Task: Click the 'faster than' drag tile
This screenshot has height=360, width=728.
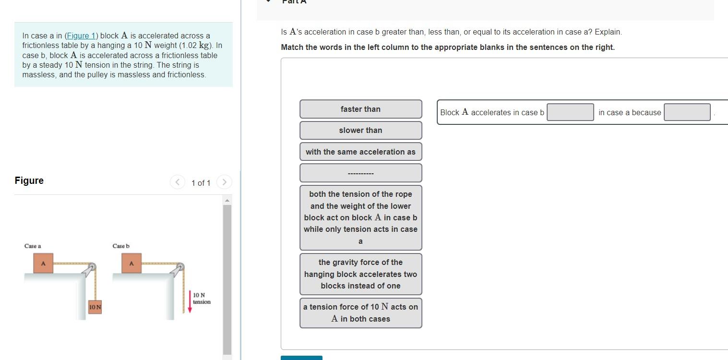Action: tap(360, 109)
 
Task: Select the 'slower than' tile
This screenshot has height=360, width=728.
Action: tap(360, 130)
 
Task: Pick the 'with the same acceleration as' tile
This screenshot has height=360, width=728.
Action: tap(360, 152)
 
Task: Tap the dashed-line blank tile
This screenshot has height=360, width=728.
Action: tap(360, 173)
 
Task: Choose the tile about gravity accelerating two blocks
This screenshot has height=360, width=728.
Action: tap(360, 274)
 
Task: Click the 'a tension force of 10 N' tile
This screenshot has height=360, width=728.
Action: tap(360, 312)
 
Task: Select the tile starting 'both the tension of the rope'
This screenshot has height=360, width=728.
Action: tap(360, 217)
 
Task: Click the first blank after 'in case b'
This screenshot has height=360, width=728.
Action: tap(570, 112)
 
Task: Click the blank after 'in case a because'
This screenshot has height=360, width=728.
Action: tap(687, 112)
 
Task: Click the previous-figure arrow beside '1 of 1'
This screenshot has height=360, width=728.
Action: tap(177, 182)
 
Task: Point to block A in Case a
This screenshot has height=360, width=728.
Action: tap(43, 264)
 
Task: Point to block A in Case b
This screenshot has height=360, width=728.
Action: tap(131, 264)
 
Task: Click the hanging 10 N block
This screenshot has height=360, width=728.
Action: tap(95, 306)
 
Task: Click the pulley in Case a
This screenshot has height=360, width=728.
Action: tap(92, 267)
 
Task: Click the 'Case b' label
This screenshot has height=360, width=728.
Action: tap(121, 246)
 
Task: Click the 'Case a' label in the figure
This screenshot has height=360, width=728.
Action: tap(33, 246)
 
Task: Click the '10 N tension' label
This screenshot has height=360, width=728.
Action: tap(201, 298)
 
